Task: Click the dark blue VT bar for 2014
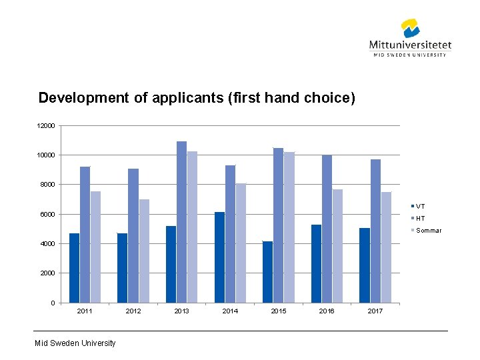[x=219, y=257]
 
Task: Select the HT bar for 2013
[x=181, y=222]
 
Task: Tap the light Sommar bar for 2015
[x=289, y=227]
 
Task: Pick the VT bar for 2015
[x=267, y=272]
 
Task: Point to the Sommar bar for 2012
[x=144, y=251]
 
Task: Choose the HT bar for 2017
[x=375, y=231]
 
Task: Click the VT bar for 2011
[x=75, y=268]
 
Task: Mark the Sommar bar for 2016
[x=337, y=246]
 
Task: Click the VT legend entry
[x=418, y=206]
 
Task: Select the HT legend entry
[x=418, y=218]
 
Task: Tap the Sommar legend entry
[x=426, y=231]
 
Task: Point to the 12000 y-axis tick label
[x=46, y=126]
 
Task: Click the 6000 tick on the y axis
[x=47, y=214]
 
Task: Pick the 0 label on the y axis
[x=53, y=303]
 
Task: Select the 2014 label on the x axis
[x=230, y=311]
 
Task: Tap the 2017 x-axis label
[x=375, y=311]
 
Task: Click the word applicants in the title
[x=188, y=98]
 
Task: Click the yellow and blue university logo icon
[x=410, y=28]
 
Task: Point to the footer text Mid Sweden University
[x=75, y=343]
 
